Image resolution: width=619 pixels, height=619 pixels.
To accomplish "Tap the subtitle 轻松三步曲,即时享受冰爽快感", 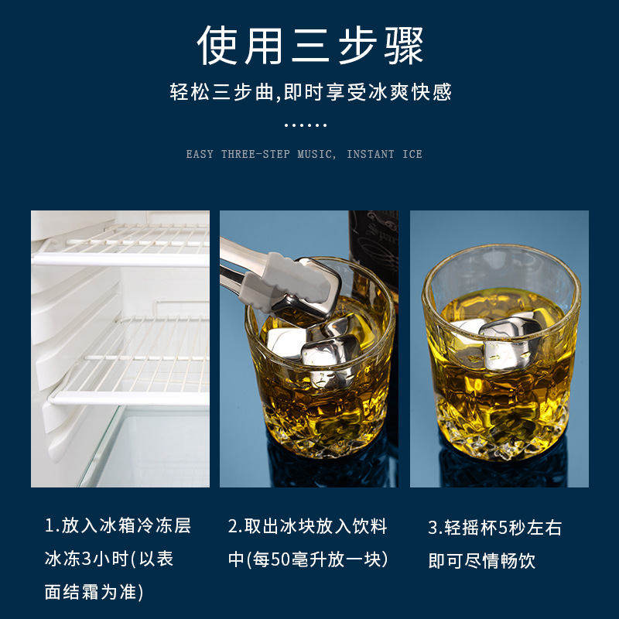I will (309, 92).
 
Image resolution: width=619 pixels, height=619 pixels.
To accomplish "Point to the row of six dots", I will (306, 125).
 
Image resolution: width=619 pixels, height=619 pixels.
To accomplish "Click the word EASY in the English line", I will (200, 154).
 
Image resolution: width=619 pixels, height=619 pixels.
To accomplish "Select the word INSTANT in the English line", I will (371, 154).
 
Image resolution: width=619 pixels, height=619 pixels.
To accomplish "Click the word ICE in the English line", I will (412, 154).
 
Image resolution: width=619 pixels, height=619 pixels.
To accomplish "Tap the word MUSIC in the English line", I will (316, 154).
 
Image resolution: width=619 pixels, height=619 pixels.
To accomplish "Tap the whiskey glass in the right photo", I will (499, 364).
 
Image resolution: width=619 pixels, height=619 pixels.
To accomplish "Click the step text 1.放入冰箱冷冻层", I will (118, 527).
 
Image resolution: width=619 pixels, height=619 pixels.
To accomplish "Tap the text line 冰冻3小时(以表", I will (109, 559).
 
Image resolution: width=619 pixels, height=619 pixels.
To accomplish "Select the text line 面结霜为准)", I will (94, 593).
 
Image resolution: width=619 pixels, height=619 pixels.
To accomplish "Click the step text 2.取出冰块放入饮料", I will (308, 527).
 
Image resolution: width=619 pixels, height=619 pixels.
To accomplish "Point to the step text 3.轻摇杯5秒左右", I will (495, 528).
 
